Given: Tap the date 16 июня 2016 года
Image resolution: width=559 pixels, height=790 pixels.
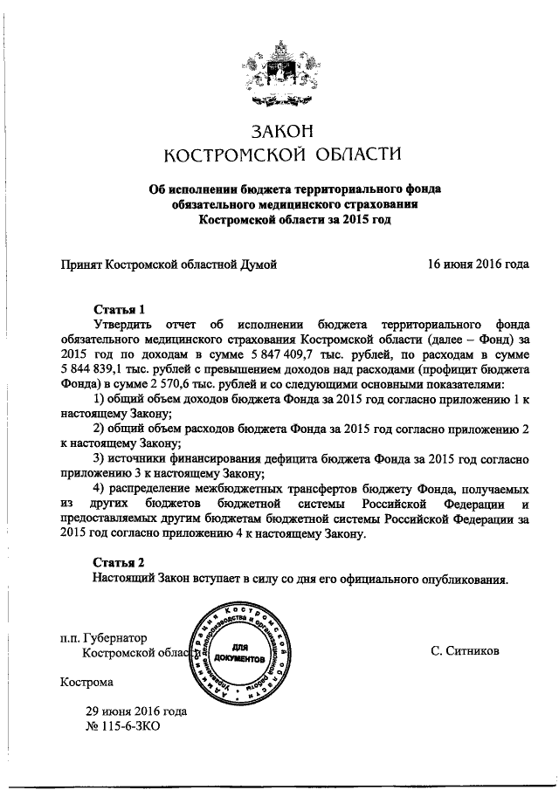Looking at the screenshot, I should click(x=478, y=263).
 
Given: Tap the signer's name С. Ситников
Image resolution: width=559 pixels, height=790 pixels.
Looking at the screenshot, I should click(x=466, y=651).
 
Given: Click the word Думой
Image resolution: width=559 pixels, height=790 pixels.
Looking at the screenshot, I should click(x=257, y=263).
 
